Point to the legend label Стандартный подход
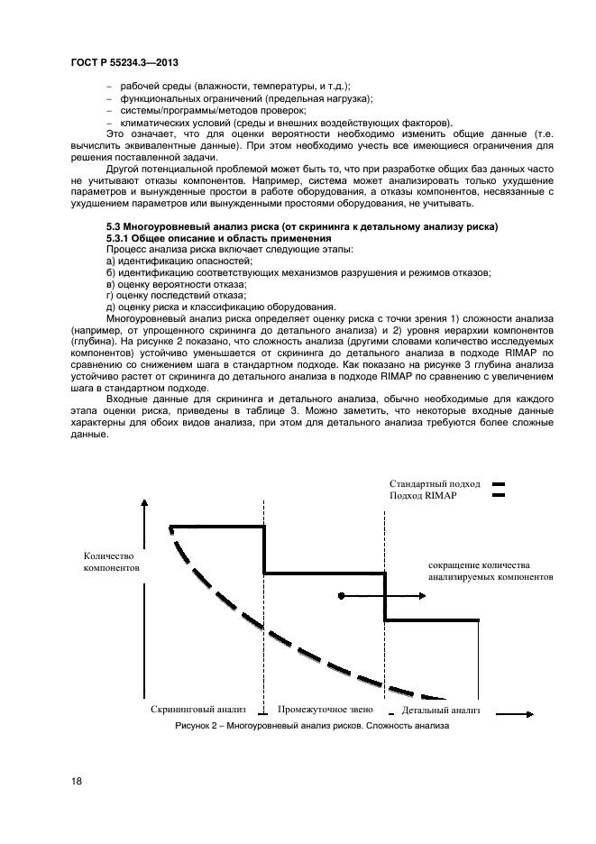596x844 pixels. [x=436, y=484]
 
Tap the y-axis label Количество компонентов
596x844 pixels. [x=111, y=562]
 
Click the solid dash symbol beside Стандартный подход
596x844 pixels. [x=498, y=484]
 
